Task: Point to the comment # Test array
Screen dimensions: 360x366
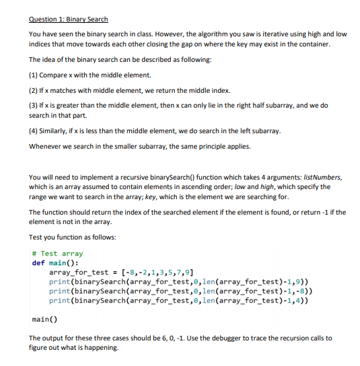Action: (57, 254)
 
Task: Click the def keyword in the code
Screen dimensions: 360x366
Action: (38, 262)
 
